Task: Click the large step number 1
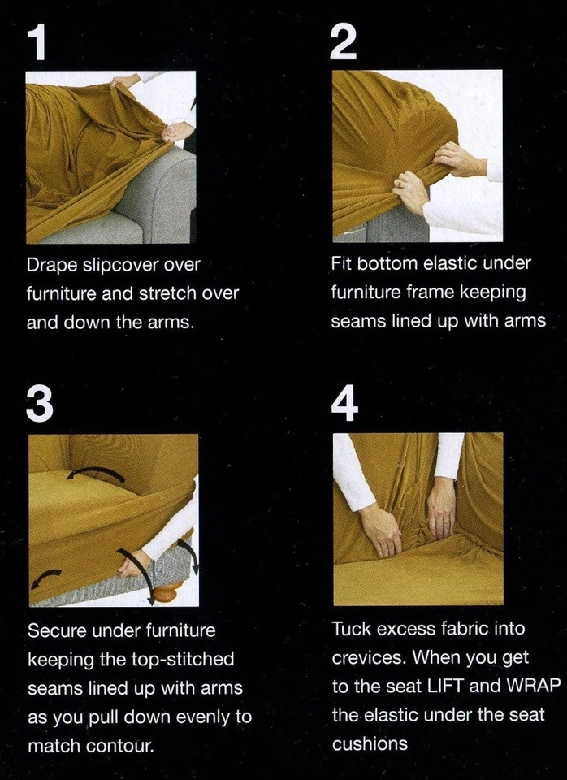(x=37, y=43)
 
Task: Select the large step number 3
(x=40, y=405)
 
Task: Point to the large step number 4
(x=344, y=404)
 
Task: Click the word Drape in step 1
(x=53, y=265)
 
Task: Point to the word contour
(x=120, y=747)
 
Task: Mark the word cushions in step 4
(x=370, y=744)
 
